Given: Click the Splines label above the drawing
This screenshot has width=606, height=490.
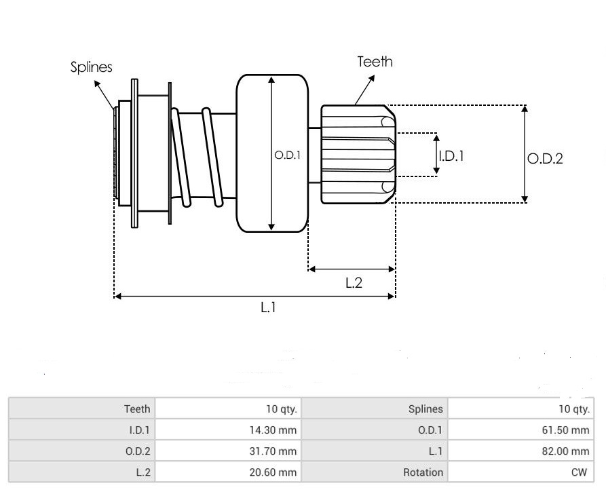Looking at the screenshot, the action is coord(91,67).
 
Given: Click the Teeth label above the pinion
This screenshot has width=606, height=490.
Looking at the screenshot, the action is coord(375,62).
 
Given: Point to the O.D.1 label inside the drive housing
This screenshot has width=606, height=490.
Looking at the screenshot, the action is coord(287,155).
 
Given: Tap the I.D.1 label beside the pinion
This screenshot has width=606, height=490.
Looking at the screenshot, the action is coord(451,156).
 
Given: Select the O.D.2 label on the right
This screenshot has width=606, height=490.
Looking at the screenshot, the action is coord(545,158).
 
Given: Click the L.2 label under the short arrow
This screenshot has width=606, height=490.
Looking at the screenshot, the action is coord(354,283).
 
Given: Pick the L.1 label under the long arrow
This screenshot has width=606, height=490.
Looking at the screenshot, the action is coord(268,307).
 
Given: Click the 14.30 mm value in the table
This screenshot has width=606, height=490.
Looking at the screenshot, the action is coord(273,430).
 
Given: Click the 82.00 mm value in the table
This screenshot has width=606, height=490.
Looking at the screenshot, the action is coord(565,451).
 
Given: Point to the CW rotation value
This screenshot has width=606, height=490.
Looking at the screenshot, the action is coord(579,472).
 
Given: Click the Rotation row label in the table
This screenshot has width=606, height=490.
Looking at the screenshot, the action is coord(423,472).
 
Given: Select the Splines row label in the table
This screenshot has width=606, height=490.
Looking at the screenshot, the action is coord(425,409).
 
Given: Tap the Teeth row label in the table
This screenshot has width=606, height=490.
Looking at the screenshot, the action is coord(137,409).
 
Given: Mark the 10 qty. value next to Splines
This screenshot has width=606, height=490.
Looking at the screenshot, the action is coord(574,409).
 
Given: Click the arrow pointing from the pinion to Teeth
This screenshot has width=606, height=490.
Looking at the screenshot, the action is coord(364,90).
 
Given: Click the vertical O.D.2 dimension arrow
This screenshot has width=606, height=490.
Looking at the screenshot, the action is coord(525,154).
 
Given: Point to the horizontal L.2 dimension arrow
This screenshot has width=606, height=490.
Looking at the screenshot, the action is coord(352,269).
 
